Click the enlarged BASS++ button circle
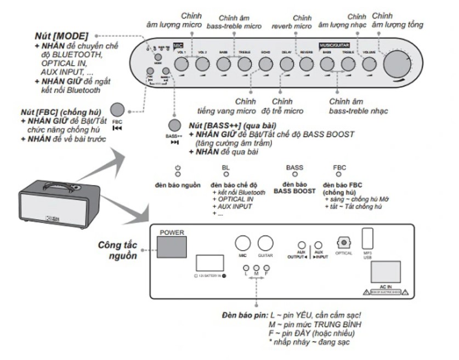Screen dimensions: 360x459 click(x=174, y=125)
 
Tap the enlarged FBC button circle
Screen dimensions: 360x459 click(x=117, y=110)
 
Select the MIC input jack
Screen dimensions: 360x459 click(x=242, y=243)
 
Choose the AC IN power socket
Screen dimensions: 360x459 click(x=387, y=271)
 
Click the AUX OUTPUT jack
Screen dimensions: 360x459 click(x=301, y=245)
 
